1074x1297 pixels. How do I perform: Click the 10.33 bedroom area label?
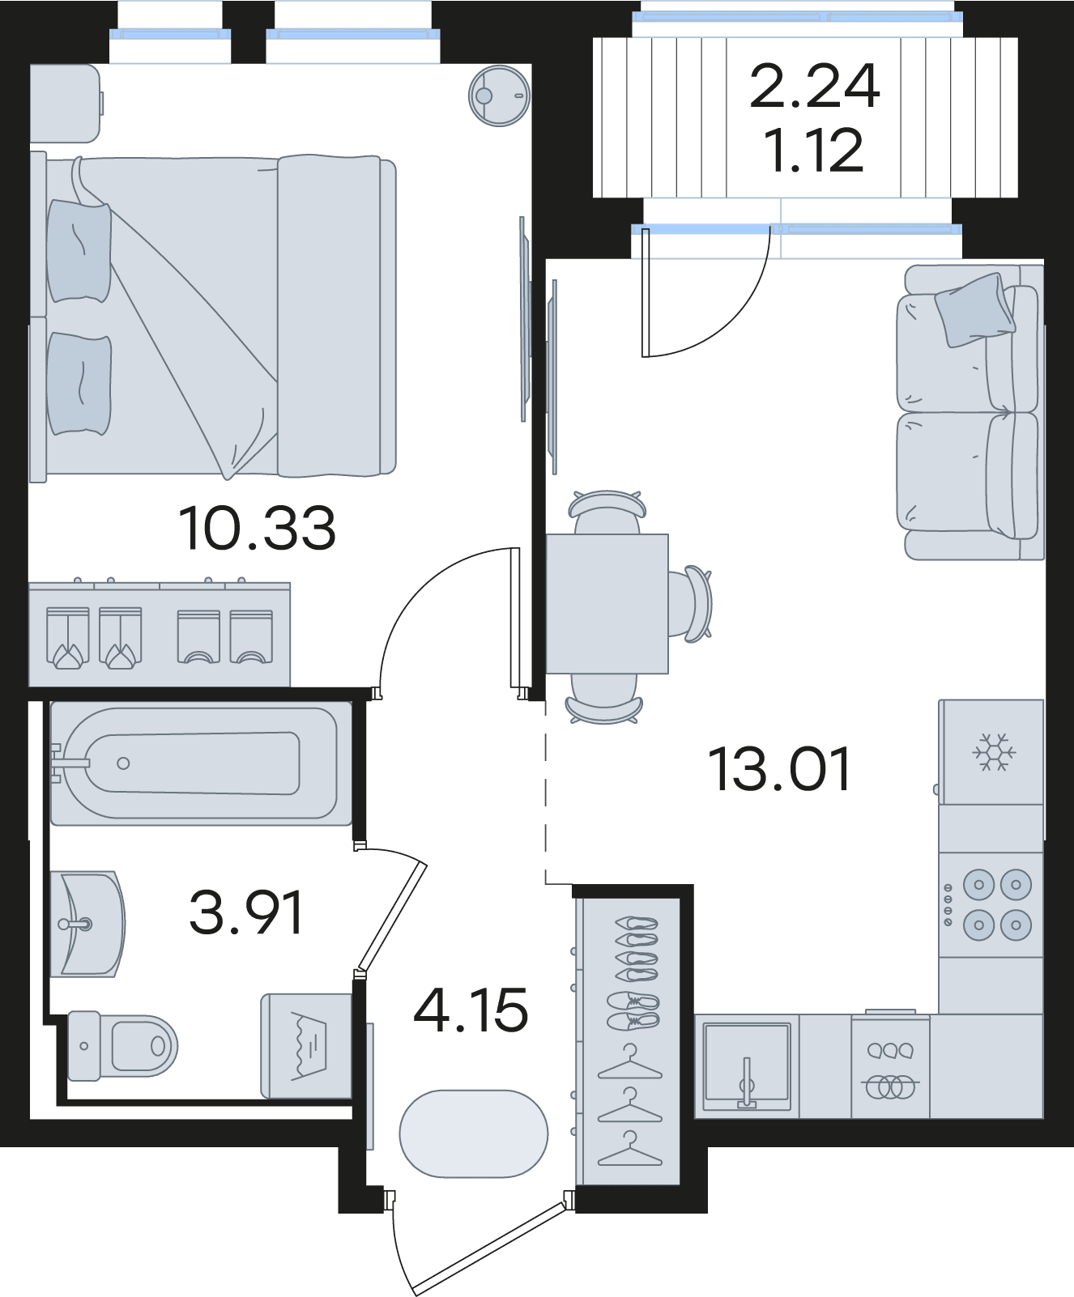tap(257, 529)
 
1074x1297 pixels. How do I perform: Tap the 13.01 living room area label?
tap(780, 769)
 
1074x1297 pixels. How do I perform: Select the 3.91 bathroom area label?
tap(246, 912)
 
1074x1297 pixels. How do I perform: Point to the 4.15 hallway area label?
tap(471, 1010)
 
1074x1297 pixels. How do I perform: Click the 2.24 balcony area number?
tap(815, 87)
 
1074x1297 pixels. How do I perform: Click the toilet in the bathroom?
tap(122, 1045)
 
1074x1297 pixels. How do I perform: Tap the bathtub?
tap(194, 763)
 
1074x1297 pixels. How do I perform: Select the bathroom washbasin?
tap(87, 924)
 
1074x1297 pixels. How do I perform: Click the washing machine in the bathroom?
tap(306, 1046)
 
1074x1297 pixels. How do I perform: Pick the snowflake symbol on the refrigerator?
tap(994, 753)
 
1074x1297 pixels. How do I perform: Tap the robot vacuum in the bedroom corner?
tap(500, 96)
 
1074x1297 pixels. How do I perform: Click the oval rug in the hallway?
tap(474, 1133)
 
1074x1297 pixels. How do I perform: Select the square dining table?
tap(607, 604)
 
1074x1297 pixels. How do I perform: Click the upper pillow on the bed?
tap(79, 252)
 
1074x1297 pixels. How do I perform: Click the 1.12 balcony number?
tap(814, 151)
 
